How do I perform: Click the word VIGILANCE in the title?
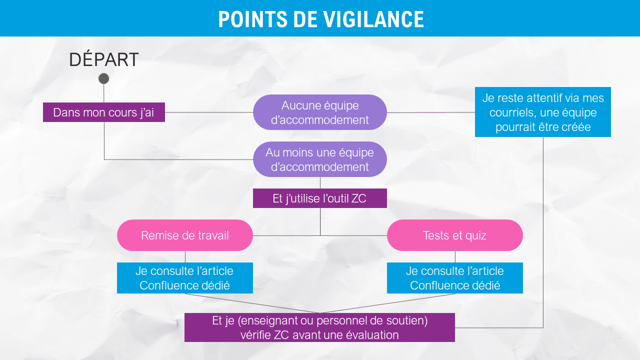[x=373, y=19]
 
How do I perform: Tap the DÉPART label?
[x=104, y=59]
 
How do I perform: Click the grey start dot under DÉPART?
[x=103, y=78]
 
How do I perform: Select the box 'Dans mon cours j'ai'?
[x=104, y=112]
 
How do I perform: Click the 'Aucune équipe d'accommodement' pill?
[x=320, y=112]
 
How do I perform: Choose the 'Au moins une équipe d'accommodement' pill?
[x=320, y=159]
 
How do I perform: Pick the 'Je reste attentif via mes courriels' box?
[x=543, y=112]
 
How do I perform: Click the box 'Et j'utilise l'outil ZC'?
[x=320, y=198]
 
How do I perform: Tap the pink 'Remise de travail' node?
[x=185, y=235]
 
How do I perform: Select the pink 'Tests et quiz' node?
[x=455, y=235]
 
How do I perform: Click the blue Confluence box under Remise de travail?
[x=185, y=278]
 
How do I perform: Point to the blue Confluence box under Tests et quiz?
[x=455, y=278]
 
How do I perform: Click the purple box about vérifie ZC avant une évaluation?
[x=319, y=327]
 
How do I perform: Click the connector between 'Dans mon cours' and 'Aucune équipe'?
[x=209, y=112]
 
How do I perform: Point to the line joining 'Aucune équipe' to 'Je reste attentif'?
[x=431, y=112]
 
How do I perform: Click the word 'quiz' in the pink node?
[x=475, y=236]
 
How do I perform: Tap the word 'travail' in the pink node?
[x=213, y=235]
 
